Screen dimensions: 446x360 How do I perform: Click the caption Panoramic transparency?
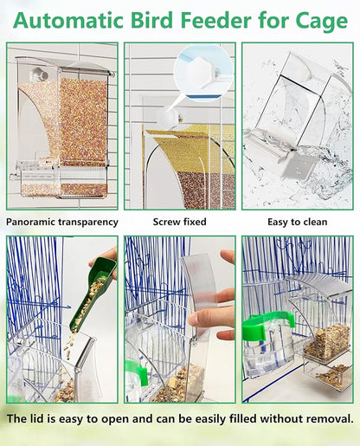(x=62, y=222)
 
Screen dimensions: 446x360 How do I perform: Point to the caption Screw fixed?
(x=178, y=222)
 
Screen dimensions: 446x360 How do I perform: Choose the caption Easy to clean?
(x=297, y=222)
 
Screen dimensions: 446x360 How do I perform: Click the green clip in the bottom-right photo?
(x=268, y=326)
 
